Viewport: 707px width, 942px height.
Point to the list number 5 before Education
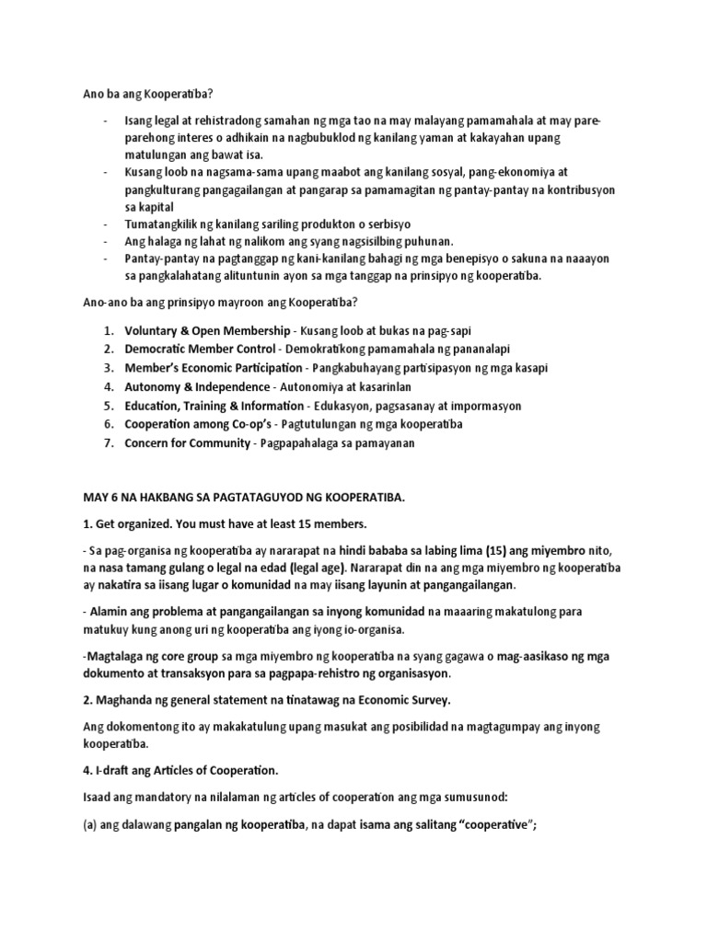(x=108, y=406)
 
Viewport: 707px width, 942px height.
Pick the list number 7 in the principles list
(x=108, y=443)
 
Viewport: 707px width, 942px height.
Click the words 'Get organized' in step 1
(x=122, y=523)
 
